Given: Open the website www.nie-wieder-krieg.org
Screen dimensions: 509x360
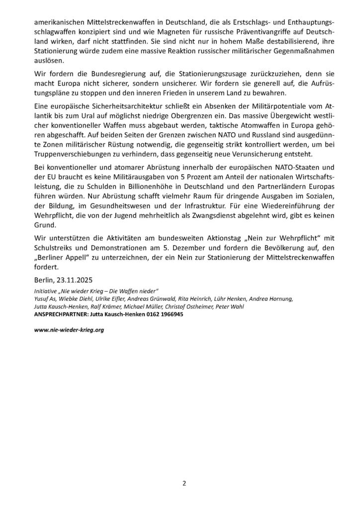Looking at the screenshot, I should point(69,330).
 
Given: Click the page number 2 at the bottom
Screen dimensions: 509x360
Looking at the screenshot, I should point(183,482).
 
